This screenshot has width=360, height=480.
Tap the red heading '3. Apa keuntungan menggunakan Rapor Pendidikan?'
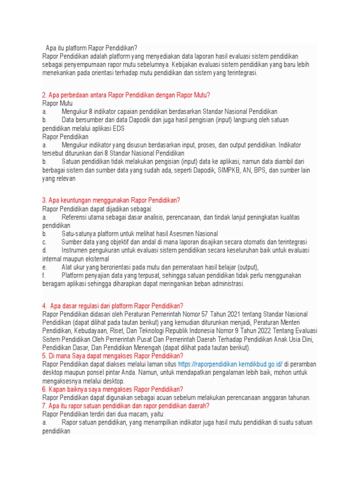(x=111, y=200)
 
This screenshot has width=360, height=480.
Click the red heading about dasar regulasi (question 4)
(x=112, y=306)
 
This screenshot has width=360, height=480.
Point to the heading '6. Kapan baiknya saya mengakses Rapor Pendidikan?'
(x=112, y=389)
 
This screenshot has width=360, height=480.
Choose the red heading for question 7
(x=126, y=406)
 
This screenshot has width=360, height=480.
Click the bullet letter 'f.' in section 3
(x=45, y=276)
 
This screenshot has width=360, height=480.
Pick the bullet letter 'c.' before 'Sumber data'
(x=45, y=242)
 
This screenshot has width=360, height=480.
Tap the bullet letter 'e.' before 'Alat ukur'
(x=45, y=267)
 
